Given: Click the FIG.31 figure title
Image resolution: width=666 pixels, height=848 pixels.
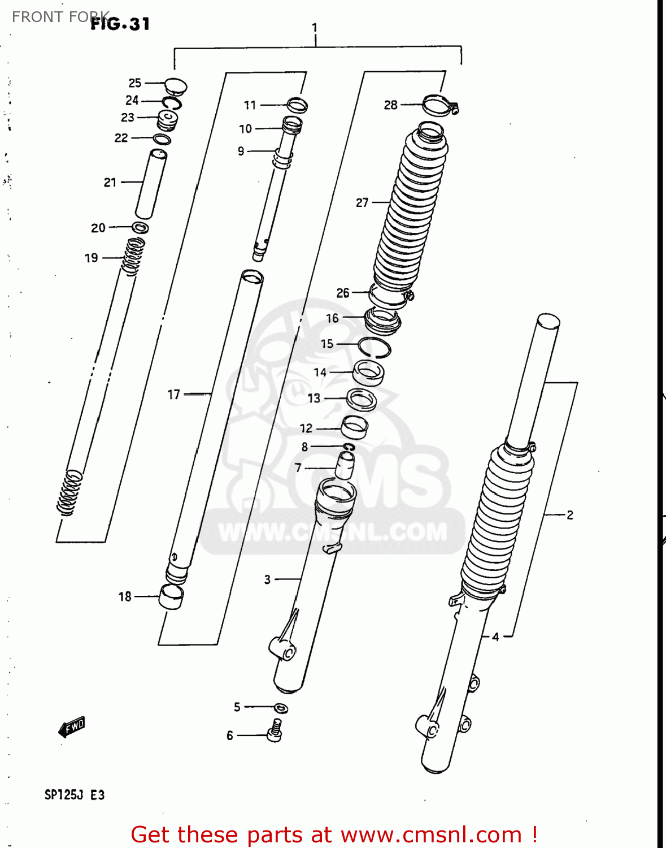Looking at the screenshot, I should (120, 24).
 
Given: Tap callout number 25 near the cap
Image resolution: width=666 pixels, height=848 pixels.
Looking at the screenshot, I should (135, 83).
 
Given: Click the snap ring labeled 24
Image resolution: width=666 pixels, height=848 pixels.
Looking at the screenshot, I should (172, 103).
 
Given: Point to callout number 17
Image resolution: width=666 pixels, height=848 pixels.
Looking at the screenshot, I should (174, 394).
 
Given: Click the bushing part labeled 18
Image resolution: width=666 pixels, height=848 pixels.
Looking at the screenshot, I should (171, 596).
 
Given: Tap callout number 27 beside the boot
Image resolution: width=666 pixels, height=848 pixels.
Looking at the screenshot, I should (362, 202).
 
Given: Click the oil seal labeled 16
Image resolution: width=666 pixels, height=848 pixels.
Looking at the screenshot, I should (382, 321).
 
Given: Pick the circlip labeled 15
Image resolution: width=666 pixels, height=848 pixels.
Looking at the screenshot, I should (375, 347).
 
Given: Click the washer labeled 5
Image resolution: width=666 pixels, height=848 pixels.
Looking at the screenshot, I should (281, 708).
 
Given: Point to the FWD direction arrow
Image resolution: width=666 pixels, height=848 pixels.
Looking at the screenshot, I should (72, 727).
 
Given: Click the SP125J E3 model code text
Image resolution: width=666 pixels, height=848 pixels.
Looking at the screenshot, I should (75, 795).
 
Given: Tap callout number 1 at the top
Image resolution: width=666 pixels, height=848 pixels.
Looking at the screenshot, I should (315, 28).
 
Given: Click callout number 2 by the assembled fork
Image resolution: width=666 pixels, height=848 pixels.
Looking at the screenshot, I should (570, 514).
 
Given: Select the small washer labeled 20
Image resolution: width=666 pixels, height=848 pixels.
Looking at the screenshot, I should (140, 228).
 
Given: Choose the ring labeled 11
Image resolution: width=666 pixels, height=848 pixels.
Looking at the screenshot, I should (297, 105).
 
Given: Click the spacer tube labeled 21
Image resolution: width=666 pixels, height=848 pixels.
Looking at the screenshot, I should (151, 184).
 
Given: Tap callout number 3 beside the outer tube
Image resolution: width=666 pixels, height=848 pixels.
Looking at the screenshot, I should (267, 579).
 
